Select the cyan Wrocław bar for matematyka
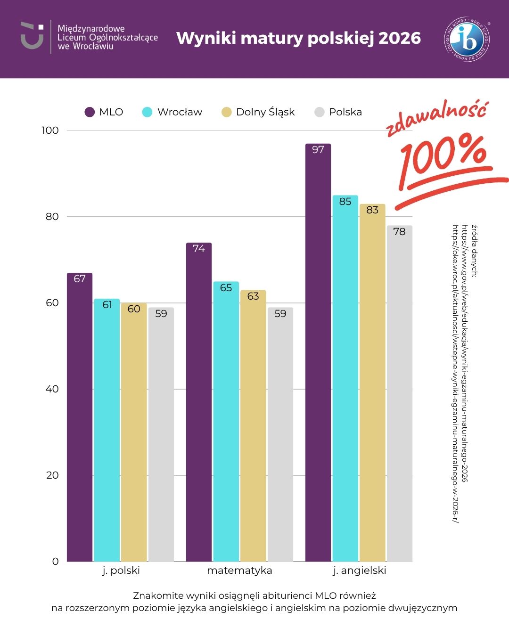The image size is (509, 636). click(x=226, y=422)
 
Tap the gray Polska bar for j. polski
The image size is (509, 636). click(x=161, y=434)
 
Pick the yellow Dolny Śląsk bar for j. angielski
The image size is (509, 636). click(x=372, y=383)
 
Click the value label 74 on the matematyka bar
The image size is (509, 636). click(x=199, y=249)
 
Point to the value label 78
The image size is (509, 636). click(x=399, y=232)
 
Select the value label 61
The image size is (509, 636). click(x=107, y=305)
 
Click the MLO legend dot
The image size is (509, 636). click(x=90, y=112)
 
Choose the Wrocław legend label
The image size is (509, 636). click(x=180, y=112)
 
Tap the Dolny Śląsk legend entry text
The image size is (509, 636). click(x=265, y=112)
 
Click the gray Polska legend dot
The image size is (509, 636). click(x=320, y=112)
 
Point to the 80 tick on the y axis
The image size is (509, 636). click(x=52, y=217)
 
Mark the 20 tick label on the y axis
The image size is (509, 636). click(x=52, y=475)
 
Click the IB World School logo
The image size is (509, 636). click(x=468, y=39)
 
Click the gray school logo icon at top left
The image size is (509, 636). click(x=32, y=35)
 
